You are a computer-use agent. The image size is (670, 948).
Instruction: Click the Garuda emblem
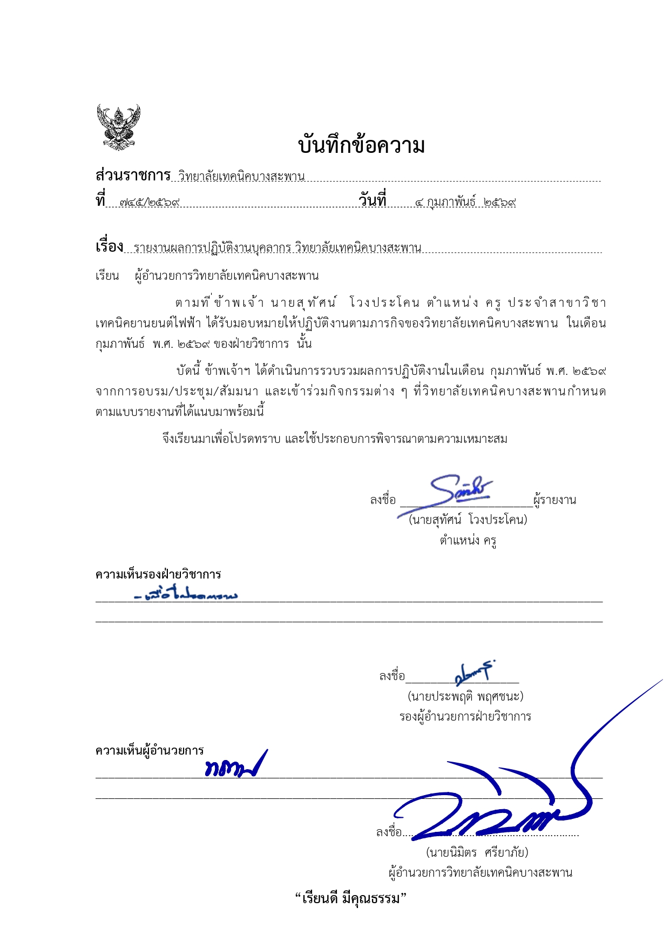pyautogui.click(x=118, y=127)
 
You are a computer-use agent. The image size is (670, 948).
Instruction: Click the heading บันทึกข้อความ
pyautogui.click(x=361, y=146)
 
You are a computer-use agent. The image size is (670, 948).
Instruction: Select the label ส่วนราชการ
pyautogui.click(x=133, y=176)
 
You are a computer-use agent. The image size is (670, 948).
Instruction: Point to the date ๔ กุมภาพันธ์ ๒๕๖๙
pyautogui.click(x=465, y=203)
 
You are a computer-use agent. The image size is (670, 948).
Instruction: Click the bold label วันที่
pyautogui.click(x=373, y=200)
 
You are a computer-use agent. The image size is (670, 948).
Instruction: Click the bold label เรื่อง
pyautogui.click(x=110, y=247)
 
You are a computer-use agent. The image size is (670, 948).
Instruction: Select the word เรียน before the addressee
pyautogui.click(x=107, y=276)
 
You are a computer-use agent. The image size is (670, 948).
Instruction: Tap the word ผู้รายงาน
pyautogui.click(x=554, y=500)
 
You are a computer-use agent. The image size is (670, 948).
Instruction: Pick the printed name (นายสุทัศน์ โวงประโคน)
pyautogui.click(x=468, y=520)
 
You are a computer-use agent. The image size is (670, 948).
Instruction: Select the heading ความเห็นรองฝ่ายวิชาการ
pyautogui.click(x=158, y=574)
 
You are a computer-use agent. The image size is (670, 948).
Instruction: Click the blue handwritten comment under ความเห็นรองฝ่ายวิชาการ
pyautogui.click(x=186, y=595)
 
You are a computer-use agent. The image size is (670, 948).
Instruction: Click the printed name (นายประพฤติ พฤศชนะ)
pyautogui.click(x=465, y=696)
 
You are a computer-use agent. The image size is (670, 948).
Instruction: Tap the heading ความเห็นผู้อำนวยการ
pyautogui.click(x=150, y=750)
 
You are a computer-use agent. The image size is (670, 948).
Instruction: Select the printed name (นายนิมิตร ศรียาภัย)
pyautogui.click(x=477, y=852)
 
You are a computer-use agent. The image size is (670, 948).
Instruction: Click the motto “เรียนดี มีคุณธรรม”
pyautogui.click(x=350, y=899)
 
